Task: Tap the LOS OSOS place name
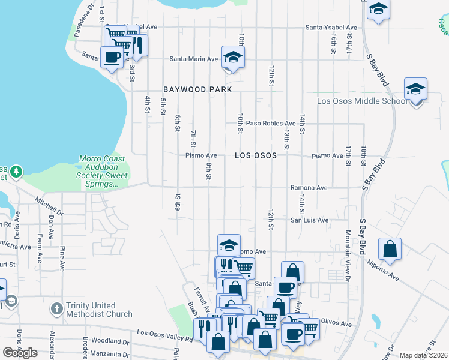click(256, 155)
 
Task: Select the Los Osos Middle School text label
click(362, 101)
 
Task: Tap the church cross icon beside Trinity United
click(56, 309)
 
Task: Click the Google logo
click(20, 353)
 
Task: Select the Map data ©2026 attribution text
click(424, 355)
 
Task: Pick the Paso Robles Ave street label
click(274, 123)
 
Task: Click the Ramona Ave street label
click(309, 188)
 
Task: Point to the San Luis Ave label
click(310, 220)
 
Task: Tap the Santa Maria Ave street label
click(193, 59)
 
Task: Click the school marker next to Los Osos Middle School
click(415, 89)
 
